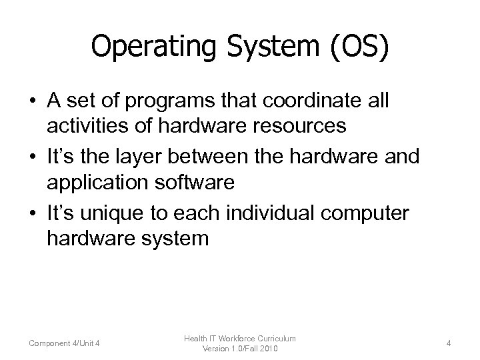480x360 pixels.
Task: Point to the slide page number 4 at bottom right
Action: pyautogui.click(x=449, y=343)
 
